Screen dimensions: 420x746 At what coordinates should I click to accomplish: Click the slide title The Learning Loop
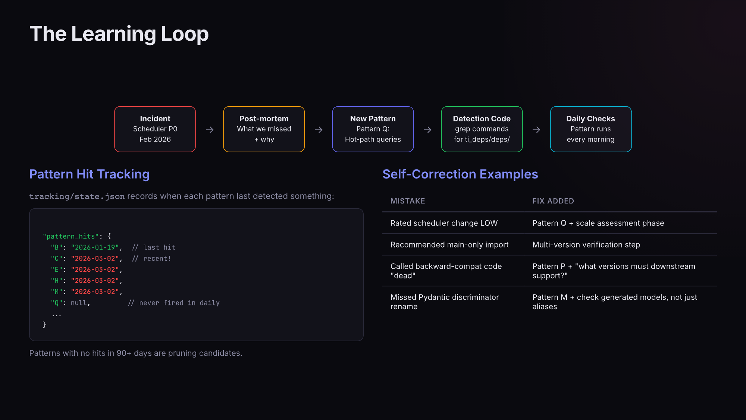click(x=119, y=34)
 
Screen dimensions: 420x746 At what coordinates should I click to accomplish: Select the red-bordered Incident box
click(x=155, y=129)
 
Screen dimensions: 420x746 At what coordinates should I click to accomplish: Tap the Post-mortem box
click(x=264, y=129)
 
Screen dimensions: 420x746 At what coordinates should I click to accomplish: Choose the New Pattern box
click(x=373, y=129)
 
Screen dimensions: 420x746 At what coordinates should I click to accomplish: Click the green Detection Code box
click(x=482, y=129)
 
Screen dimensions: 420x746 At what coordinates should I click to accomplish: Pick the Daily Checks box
click(x=590, y=129)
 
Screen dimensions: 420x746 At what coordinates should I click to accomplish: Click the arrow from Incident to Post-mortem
click(x=210, y=130)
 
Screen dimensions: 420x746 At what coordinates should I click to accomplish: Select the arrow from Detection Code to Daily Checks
click(x=536, y=130)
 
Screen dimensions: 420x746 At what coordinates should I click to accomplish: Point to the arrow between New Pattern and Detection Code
click(x=427, y=130)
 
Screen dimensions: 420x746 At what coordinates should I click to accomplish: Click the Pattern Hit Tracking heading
click(x=89, y=174)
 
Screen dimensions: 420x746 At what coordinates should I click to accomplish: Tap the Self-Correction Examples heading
click(x=460, y=174)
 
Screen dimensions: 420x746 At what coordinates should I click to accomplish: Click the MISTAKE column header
click(x=408, y=201)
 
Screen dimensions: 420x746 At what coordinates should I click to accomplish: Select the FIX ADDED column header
click(x=553, y=201)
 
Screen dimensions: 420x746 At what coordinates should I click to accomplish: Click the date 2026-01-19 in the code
click(x=95, y=248)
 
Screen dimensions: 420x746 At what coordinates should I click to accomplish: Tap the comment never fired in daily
click(x=174, y=303)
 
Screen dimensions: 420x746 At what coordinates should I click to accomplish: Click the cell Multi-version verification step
click(x=586, y=245)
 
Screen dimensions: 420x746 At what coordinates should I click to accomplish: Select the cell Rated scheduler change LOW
click(x=444, y=223)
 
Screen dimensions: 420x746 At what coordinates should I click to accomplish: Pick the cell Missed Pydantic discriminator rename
click(x=444, y=302)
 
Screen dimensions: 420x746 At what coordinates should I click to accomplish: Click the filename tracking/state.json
click(x=77, y=196)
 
